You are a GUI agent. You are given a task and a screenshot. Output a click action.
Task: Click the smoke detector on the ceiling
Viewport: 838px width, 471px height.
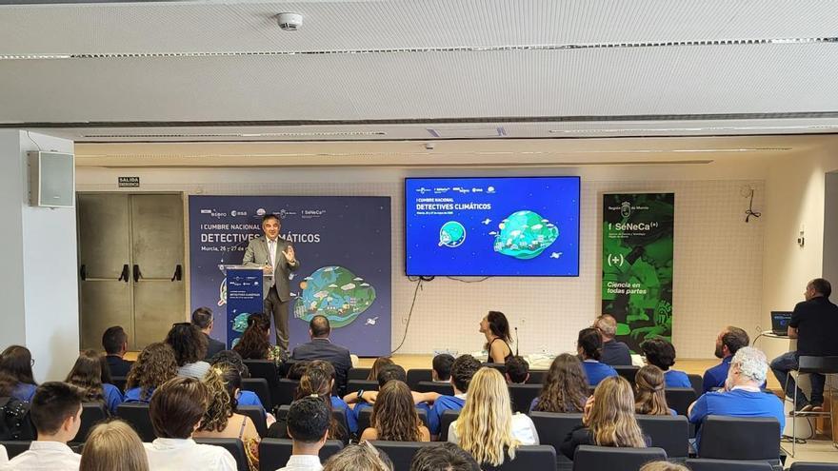pos(289,20)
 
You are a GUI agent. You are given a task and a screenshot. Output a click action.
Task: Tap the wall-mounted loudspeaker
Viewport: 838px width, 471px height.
pos(51,179)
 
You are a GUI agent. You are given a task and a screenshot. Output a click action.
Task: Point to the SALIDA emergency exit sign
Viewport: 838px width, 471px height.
pos(129,182)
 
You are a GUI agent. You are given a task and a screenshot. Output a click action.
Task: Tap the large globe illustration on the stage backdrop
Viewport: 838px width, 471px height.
pos(334,294)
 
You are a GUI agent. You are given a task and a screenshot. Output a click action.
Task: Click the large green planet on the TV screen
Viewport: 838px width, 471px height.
pos(525,233)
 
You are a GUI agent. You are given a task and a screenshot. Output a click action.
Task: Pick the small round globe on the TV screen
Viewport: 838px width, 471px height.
pos(452,233)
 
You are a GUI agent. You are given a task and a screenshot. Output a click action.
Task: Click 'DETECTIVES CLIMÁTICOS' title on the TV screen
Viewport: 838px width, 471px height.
pos(453,206)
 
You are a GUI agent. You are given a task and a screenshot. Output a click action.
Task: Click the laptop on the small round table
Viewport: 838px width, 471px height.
pos(781,323)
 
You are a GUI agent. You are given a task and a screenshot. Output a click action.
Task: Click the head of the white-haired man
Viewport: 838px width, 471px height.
pos(749,364)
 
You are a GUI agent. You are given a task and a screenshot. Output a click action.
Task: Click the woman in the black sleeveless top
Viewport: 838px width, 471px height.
pos(497,337)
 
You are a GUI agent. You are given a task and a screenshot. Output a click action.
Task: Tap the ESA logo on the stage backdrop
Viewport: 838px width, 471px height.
pos(238,213)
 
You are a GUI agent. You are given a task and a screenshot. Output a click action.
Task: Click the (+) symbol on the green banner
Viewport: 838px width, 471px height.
pos(616,259)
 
